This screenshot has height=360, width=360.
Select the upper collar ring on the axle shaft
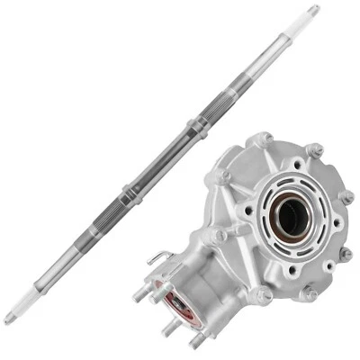(197, 126)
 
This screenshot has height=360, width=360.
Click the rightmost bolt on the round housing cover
(346, 196)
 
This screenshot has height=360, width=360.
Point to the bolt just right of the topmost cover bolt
(314, 149)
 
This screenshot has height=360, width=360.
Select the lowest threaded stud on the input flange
(194, 340)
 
